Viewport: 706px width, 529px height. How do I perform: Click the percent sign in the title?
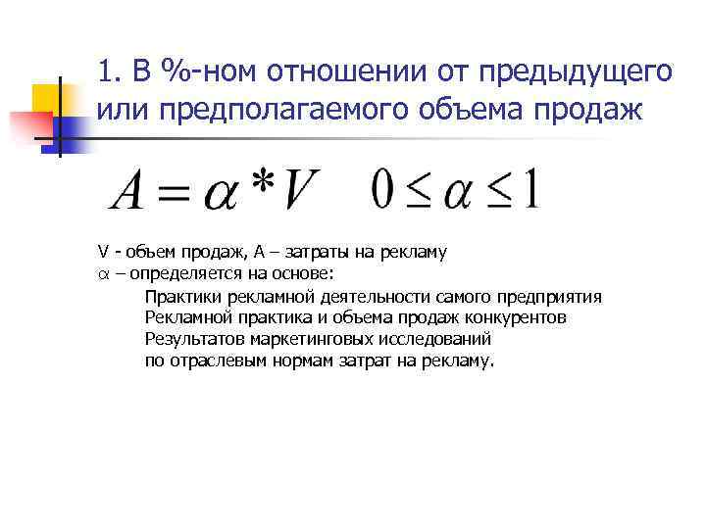tap(183, 72)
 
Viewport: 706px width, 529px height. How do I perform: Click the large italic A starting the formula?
tap(129, 192)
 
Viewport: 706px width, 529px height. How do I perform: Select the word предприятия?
tap(549, 297)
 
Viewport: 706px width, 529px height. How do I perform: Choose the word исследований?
tap(424, 340)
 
